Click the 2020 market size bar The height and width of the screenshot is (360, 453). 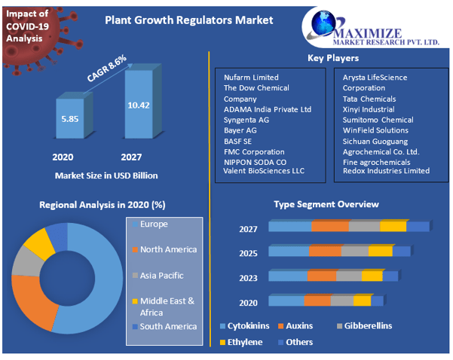[x=69, y=118]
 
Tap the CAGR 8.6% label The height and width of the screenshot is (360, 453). [x=106, y=67]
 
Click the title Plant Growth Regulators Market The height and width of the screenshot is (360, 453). [x=188, y=20]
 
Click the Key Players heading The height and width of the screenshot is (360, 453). [x=332, y=58]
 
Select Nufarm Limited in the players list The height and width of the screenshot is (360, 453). [x=251, y=78]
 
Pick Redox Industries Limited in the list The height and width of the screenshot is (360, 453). [x=386, y=171]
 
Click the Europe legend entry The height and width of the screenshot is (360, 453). [x=154, y=224]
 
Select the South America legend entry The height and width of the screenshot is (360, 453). [x=168, y=326]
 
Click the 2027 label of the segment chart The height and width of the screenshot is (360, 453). [x=248, y=230]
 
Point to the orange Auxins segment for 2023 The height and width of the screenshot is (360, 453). [x=321, y=276]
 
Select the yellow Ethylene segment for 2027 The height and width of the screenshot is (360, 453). [x=393, y=226]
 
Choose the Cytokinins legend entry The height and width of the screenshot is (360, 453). [x=246, y=326]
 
